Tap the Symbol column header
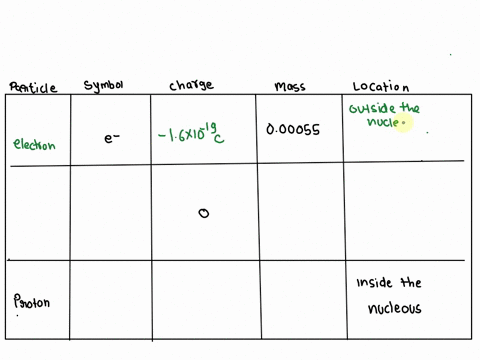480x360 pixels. [x=105, y=86]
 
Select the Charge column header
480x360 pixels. [x=191, y=87]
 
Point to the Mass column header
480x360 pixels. [x=290, y=87]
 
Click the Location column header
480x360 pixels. [x=381, y=87]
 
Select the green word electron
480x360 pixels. [x=34, y=144]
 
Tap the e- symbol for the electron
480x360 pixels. [x=113, y=139]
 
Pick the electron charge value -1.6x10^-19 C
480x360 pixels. [x=192, y=132]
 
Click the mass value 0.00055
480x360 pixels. [x=294, y=130]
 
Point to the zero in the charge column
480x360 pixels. [x=204, y=212]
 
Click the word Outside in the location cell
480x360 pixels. [x=372, y=109]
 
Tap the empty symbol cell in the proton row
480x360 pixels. [x=110, y=300]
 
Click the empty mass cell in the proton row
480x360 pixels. [x=300, y=300]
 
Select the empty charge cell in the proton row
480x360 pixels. [x=204, y=300]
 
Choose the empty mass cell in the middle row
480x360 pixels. [x=300, y=210]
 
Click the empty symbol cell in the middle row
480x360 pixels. [x=110, y=210]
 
